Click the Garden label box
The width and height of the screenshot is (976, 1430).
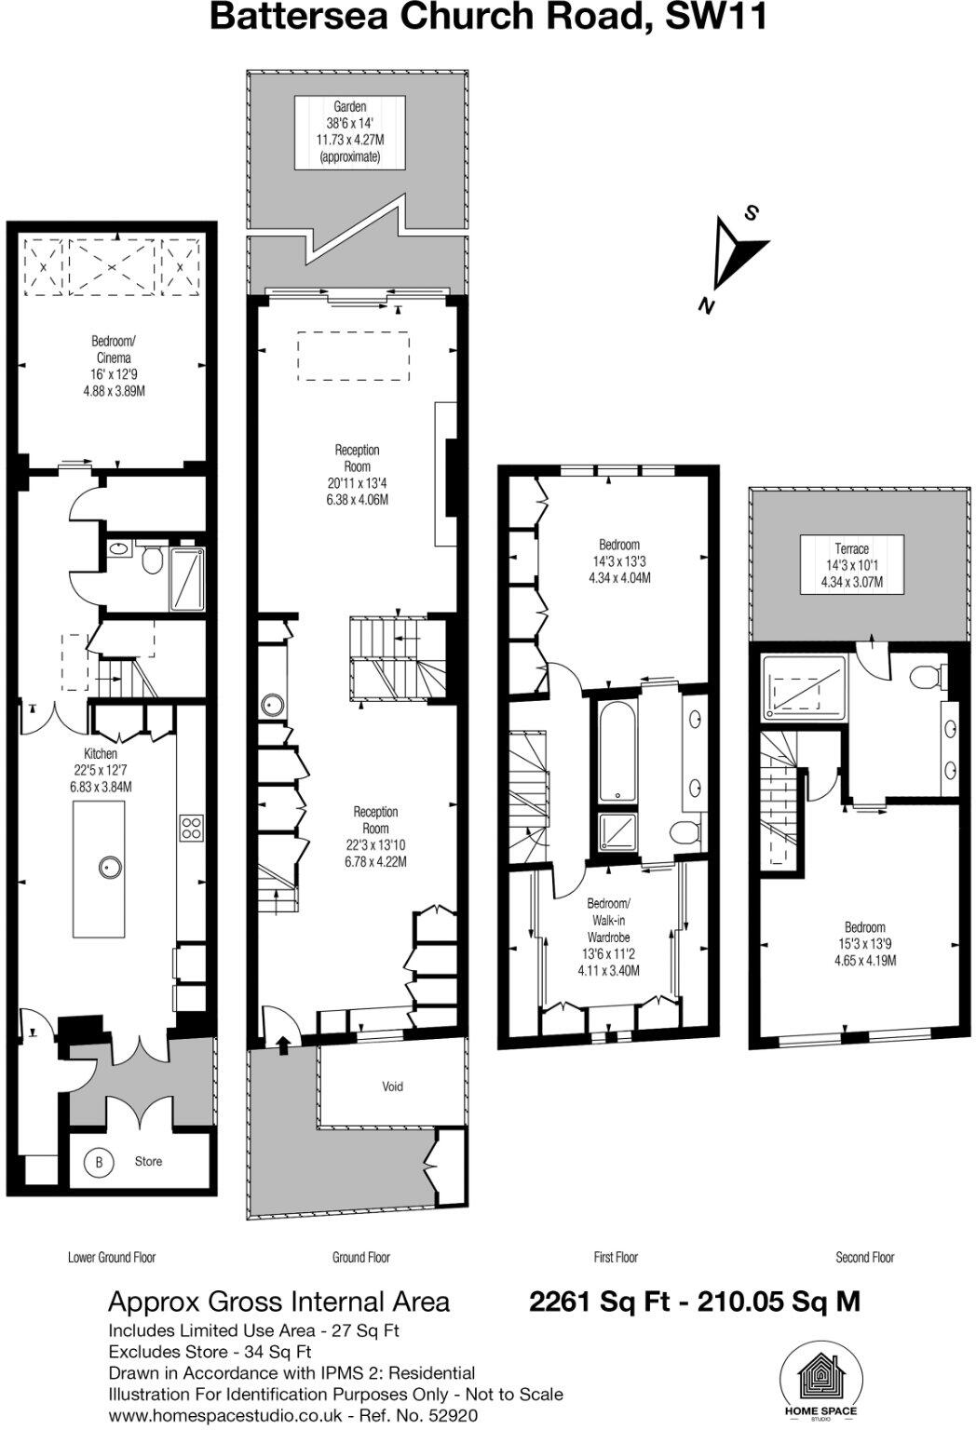pos(349,132)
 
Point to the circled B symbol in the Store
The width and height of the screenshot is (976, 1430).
pos(98,1162)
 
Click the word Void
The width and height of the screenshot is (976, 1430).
pos(392,1086)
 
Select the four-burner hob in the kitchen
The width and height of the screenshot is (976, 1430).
pos(193,828)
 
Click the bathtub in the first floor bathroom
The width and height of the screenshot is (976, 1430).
pos(617,751)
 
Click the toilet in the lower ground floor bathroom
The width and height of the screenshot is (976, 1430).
pos(152,561)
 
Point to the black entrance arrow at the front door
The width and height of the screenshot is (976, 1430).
pos(283,1044)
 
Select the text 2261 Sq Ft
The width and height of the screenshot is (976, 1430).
pos(600,1301)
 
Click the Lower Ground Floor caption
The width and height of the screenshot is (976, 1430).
pos(112,1258)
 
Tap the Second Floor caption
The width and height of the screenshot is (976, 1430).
pos(864,1258)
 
